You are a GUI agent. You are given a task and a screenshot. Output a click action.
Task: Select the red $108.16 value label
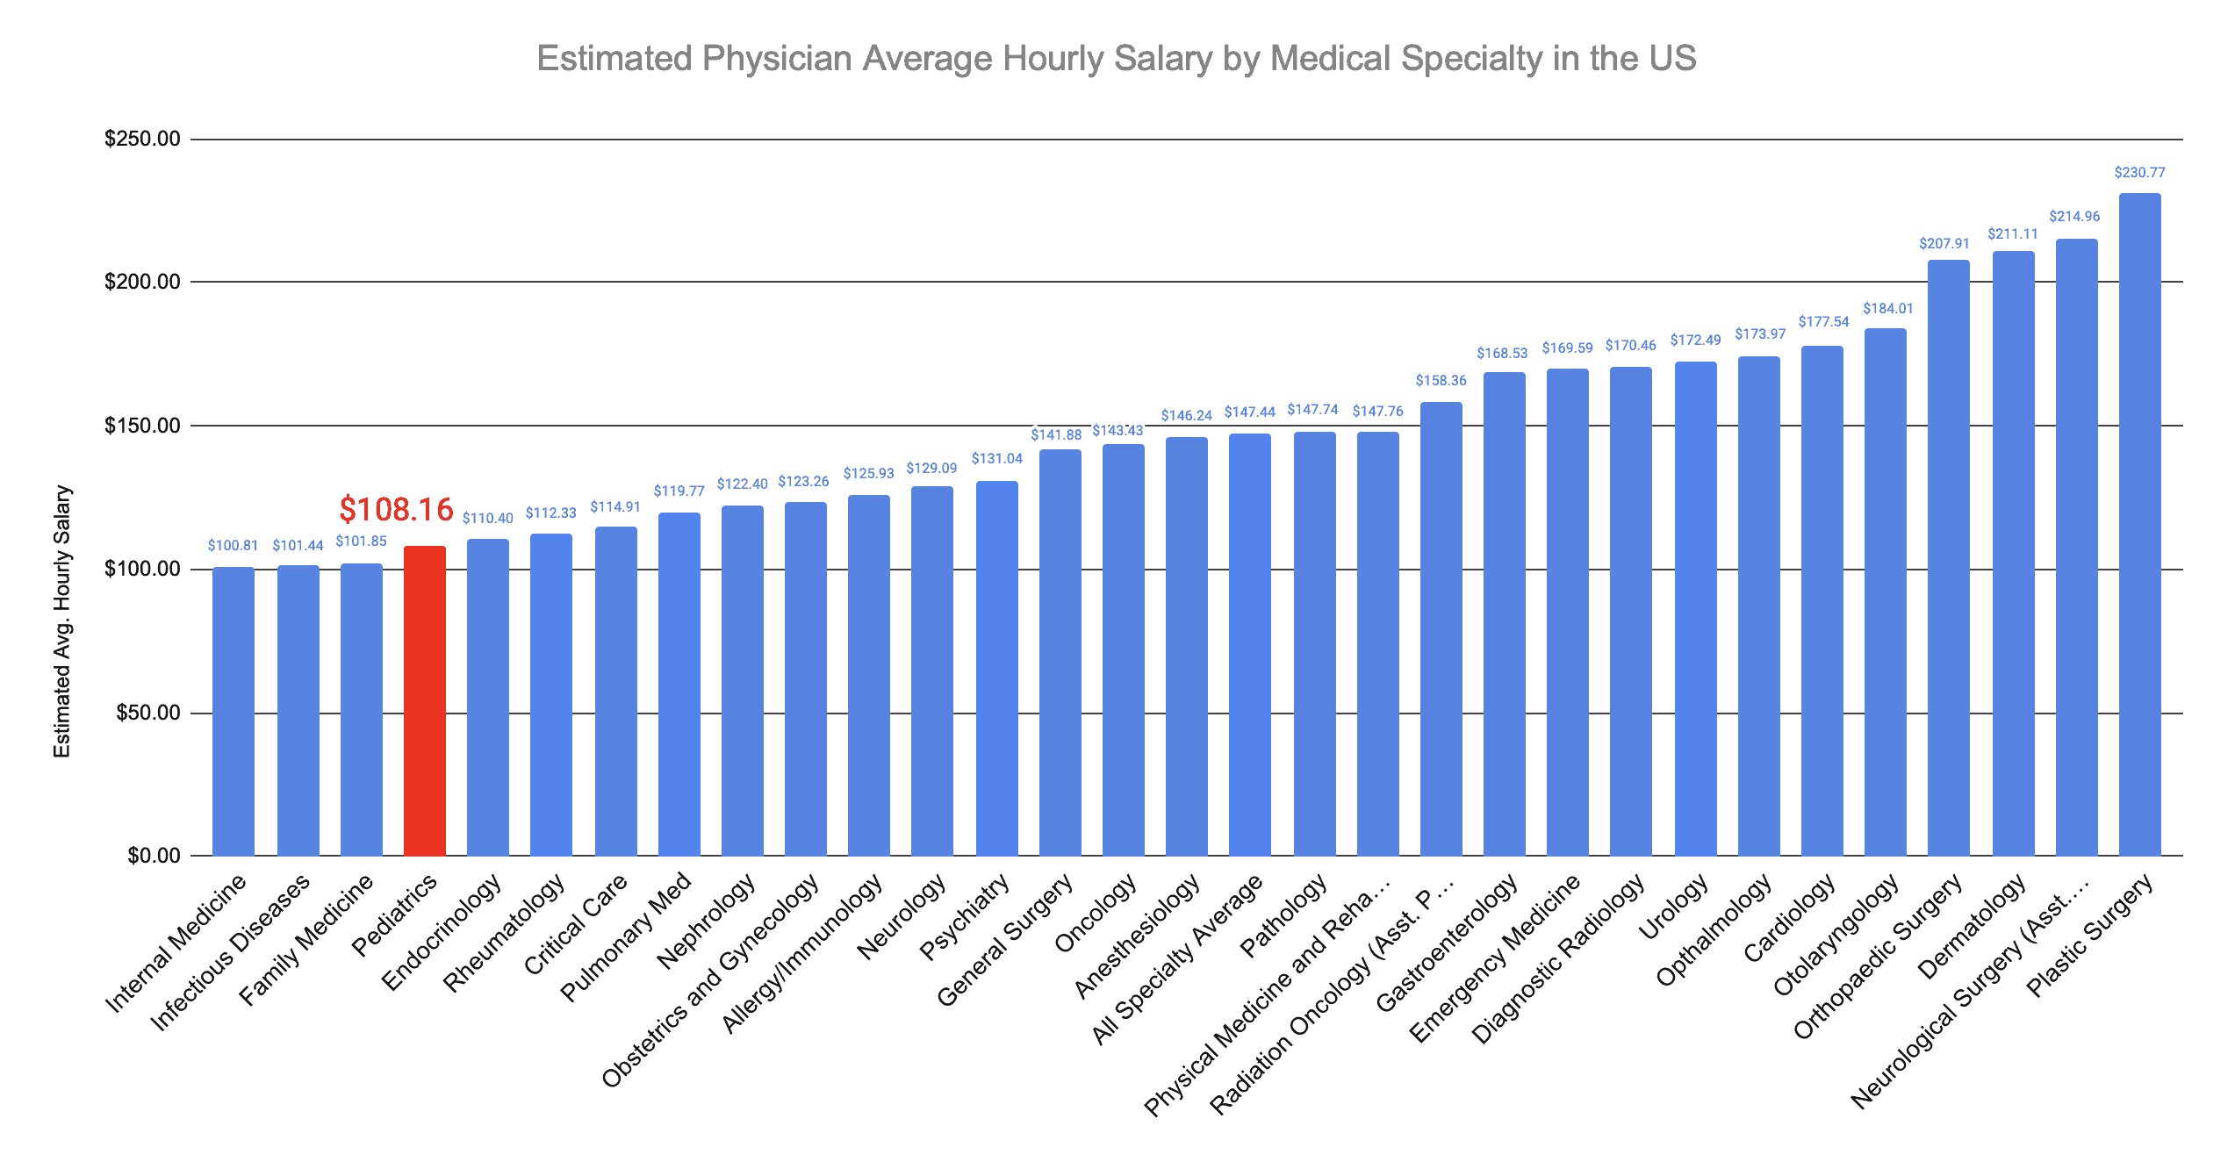click(396, 510)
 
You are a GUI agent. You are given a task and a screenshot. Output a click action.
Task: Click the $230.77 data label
click(2139, 173)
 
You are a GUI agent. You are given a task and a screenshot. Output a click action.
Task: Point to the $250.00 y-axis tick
click(142, 139)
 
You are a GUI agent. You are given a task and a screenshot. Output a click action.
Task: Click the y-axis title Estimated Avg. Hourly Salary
click(61, 621)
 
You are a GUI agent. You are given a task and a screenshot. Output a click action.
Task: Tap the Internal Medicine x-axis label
click(176, 943)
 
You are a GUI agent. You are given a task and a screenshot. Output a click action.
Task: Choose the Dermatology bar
click(2013, 553)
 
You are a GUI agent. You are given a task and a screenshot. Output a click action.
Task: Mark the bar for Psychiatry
click(996, 668)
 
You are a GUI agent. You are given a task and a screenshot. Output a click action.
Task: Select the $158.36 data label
click(1441, 381)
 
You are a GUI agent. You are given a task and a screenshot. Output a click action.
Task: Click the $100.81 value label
click(233, 546)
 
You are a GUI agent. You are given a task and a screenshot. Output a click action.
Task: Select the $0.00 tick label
click(154, 856)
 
